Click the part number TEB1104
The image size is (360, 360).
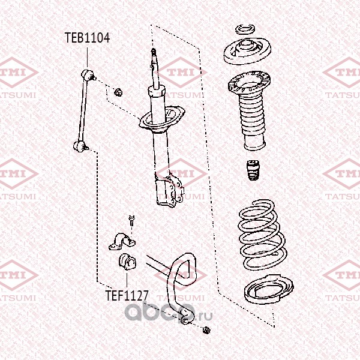click(x=87, y=38)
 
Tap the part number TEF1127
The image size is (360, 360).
click(x=127, y=295)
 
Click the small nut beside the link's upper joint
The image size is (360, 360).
click(x=118, y=92)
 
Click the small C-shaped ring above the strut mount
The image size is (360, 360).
click(x=245, y=29)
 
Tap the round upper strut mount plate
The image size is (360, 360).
click(x=247, y=52)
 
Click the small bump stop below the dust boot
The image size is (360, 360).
click(x=253, y=170)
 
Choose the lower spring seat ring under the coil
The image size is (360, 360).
click(x=269, y=289)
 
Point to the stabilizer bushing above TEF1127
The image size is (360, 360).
click(x=127, y=262)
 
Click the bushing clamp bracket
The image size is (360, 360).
click(x=122, y=241)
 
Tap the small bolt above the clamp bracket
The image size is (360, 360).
click(x=131, y=220)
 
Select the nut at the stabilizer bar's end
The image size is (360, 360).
click(x=206, y=330)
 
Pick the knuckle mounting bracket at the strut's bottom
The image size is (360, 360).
click(x=169, y=191)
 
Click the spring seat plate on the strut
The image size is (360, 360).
click(x=161, y=119)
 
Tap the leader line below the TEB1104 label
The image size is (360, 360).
click(x=87, y=58)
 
